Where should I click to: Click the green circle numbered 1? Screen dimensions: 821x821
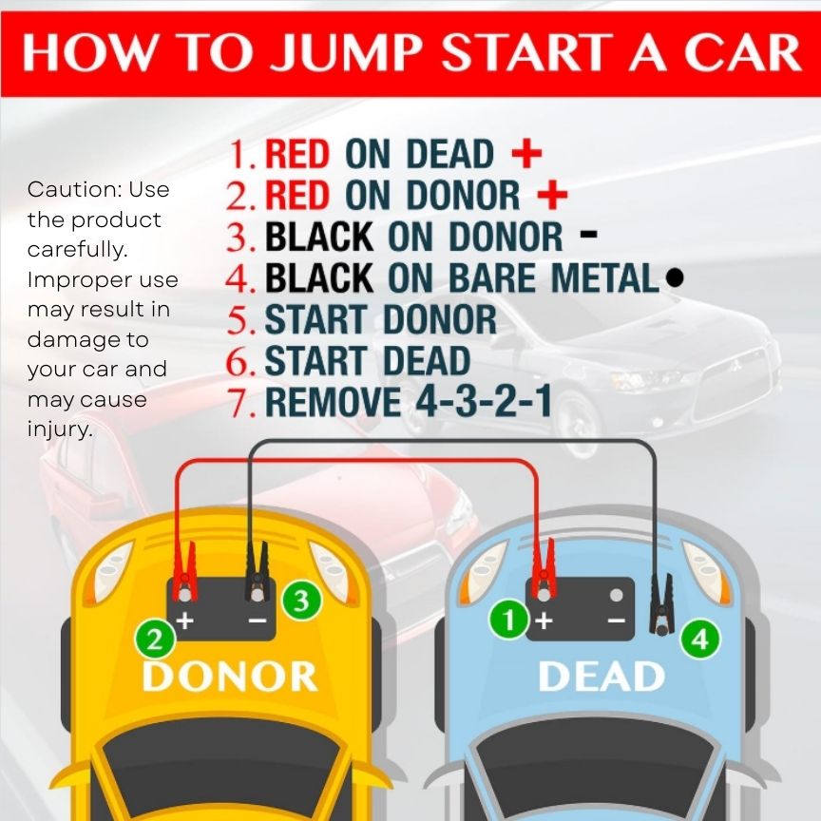point(508,620)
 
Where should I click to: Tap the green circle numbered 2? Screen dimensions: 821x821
point(155,640)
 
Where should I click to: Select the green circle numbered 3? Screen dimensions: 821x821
point(301,601)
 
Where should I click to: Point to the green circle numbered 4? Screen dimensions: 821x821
point(700,640)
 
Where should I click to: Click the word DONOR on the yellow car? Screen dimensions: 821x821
point(230,676)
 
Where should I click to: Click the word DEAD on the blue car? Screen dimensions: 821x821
point(601,676)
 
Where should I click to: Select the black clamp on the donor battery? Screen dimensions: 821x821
point(258,572)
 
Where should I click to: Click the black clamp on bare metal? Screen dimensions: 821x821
point(660,604)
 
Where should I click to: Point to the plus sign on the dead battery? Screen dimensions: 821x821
point(544,621)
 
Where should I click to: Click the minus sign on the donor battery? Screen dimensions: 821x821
point(258,621)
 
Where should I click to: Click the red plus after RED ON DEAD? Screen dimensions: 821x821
point(526,153)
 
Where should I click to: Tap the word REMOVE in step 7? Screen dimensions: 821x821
point(333,402)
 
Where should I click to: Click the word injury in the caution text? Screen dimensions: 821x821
point(60,430)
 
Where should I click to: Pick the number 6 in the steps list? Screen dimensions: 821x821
point(240,361)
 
